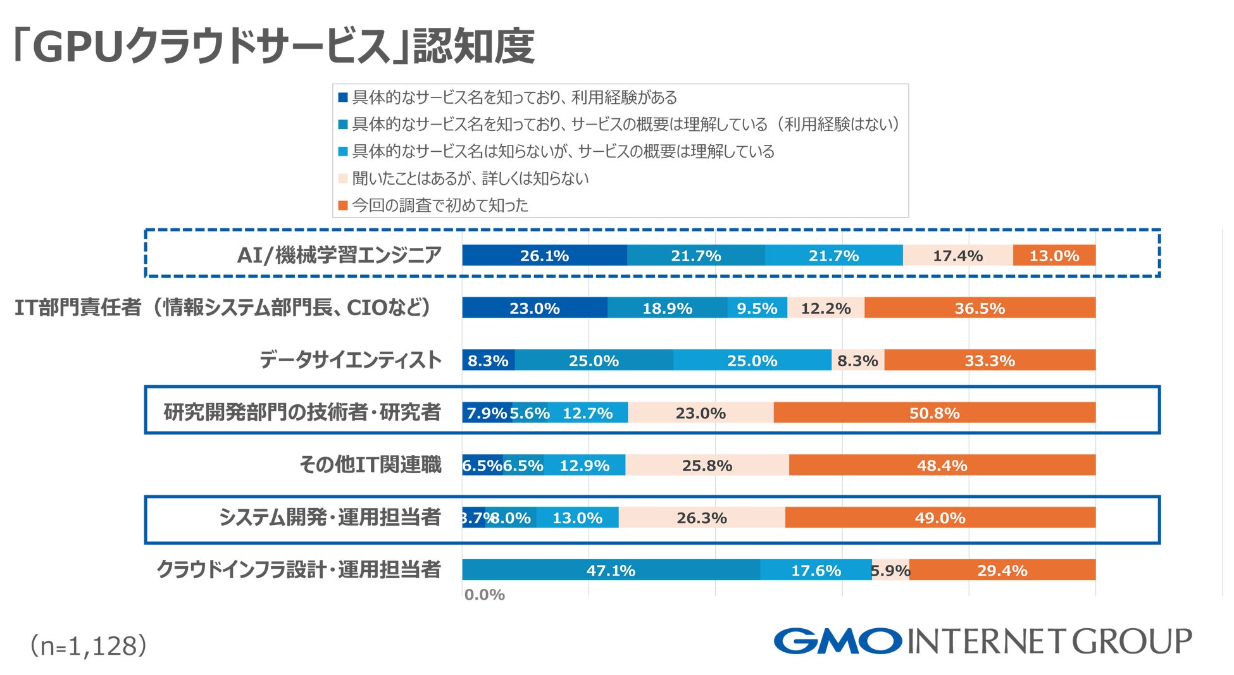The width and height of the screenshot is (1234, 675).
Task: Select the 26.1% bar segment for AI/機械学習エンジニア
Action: (544, 256)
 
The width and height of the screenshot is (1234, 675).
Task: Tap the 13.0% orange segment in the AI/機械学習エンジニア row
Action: (1054, 256)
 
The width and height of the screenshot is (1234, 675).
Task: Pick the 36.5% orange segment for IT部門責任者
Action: (980, 308)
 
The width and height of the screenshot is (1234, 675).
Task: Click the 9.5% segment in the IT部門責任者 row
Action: (757, 308)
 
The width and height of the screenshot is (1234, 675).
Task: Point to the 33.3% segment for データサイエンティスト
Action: (989, 361)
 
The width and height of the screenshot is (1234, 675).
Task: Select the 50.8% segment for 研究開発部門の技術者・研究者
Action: (934, 413)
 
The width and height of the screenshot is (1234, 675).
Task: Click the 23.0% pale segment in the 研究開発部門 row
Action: (701, 413)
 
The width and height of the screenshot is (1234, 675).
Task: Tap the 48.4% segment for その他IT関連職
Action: (942, 466)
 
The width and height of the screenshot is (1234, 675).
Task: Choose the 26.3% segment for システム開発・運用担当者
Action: (701, 518)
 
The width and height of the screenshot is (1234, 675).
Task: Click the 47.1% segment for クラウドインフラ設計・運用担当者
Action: (611, 570)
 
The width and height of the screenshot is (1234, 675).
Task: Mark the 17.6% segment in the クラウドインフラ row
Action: (816, 570)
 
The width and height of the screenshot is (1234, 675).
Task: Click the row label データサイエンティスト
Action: (350, 360)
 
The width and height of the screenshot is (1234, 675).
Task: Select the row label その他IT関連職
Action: (370, 465)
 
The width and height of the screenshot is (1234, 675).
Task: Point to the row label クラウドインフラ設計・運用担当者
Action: (299, 569)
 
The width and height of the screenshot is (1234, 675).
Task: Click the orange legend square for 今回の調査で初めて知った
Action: (343, 206)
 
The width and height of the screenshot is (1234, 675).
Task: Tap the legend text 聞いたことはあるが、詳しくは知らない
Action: (470, 178)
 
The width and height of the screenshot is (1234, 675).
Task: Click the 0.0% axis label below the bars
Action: (484, 595)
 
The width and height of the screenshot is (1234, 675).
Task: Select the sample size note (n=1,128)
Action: (89, 646)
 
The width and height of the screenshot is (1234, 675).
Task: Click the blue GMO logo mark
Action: (837, 641)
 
